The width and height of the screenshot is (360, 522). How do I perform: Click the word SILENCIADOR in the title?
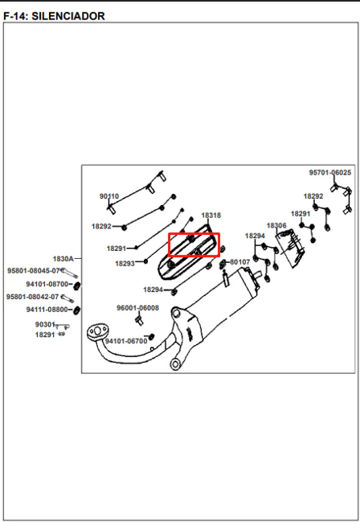[68, 16]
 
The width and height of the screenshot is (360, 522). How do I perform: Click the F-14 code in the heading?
[14, 16]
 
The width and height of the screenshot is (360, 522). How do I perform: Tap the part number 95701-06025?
[329, 172]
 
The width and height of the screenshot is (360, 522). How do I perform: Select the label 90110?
[109, 196]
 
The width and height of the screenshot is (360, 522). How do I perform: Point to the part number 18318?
[211, 216]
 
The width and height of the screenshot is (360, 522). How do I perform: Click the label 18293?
[125, 264]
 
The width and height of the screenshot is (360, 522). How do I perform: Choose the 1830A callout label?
[63, 259]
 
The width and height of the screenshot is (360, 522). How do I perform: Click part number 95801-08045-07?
[33, 271]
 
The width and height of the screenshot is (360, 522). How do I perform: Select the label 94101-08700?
[47, 284]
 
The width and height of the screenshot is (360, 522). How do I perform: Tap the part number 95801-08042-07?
[32, 297]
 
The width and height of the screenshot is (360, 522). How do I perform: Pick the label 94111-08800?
[47, 310]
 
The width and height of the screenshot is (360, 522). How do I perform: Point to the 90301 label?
[45, 324]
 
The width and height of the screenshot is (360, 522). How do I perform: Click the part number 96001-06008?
[137, 308]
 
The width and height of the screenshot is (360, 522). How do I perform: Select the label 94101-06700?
[126, 341]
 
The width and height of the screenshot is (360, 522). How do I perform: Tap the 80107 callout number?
[240, 262]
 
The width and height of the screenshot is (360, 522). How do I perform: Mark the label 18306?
[276, 226]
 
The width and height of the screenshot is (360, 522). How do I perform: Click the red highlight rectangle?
[194, 234]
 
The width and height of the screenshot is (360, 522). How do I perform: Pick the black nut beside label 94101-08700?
[77, 286]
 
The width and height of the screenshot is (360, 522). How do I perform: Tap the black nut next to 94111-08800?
[76, 310]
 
